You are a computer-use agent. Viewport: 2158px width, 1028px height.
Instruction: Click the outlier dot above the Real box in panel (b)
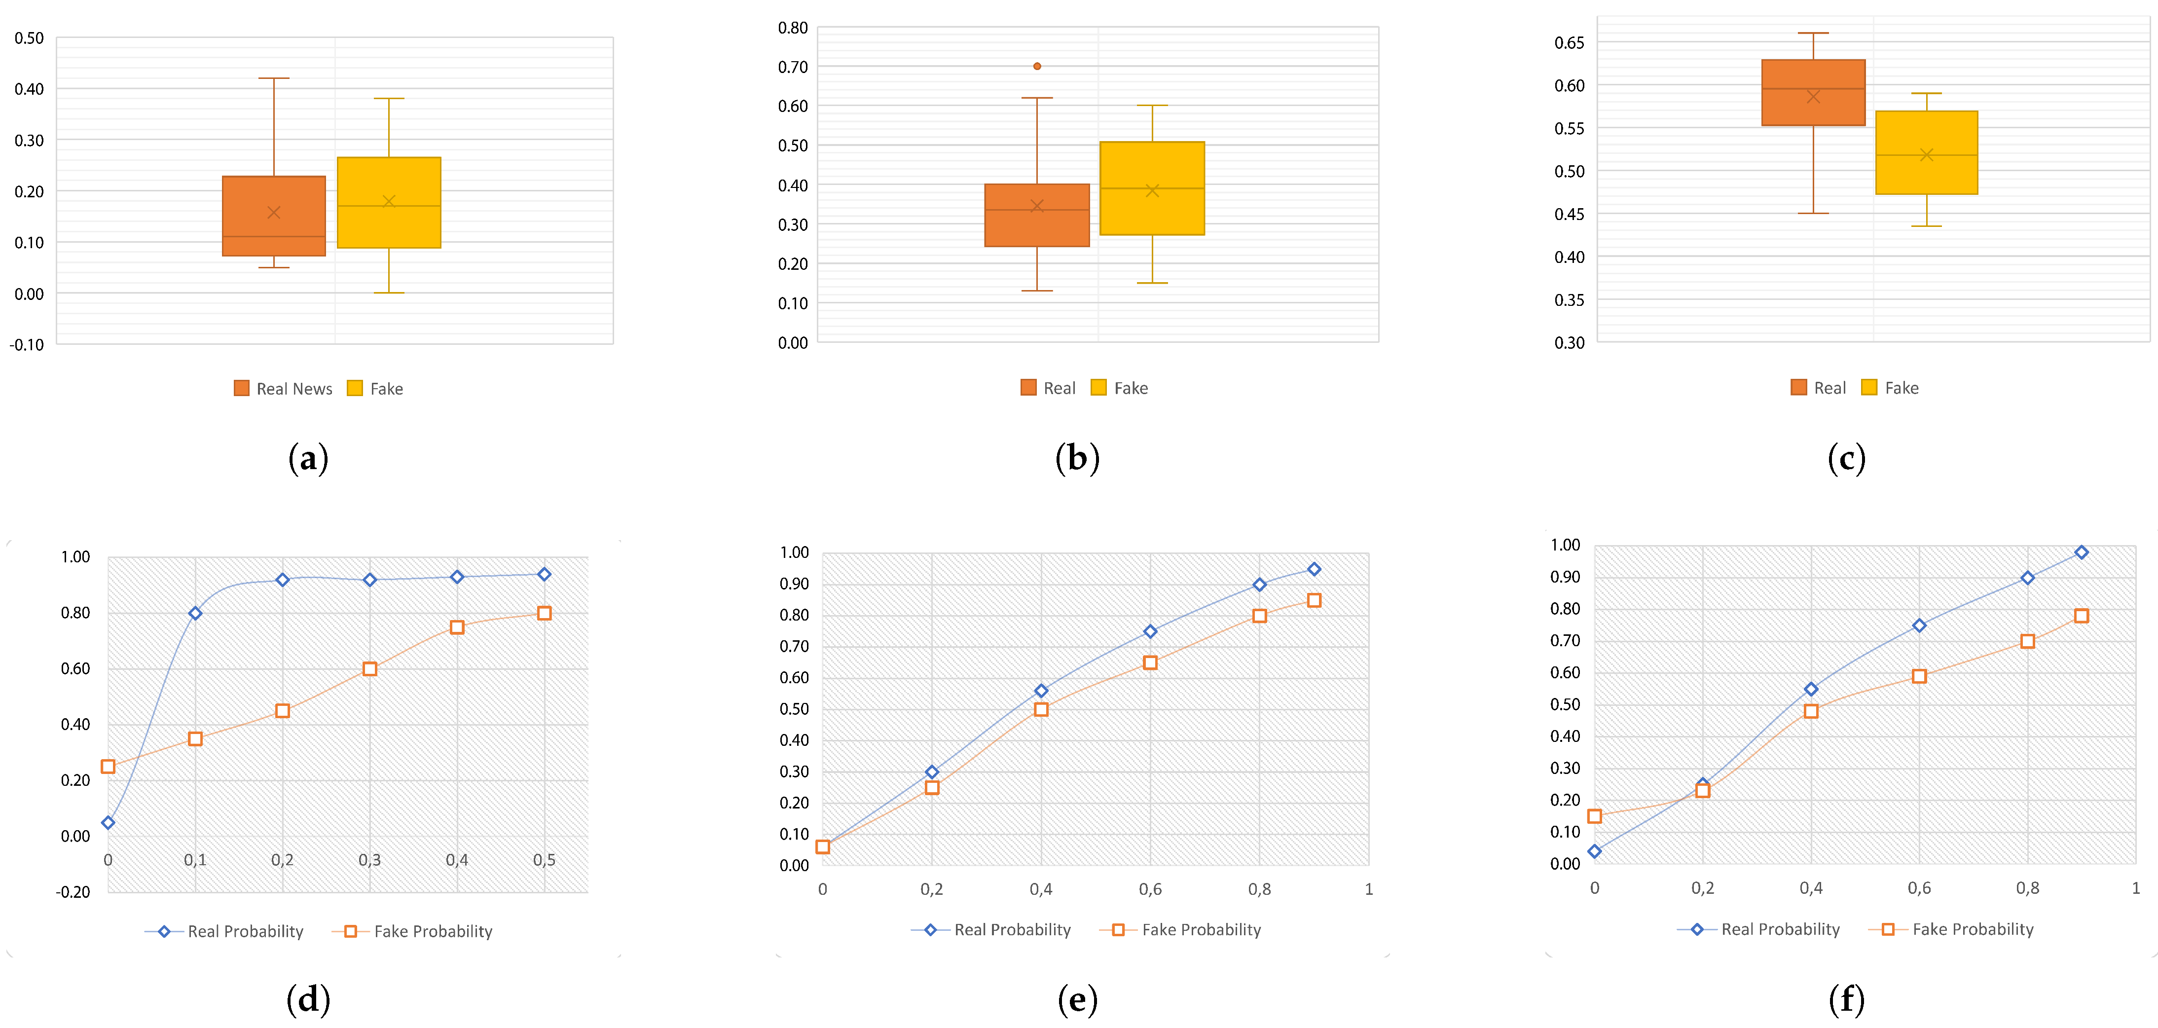click(x=1037, y=66)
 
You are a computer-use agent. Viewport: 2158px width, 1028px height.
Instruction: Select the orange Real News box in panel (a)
click(x=274, y=216)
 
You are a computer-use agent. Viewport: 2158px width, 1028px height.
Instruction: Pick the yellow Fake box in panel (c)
click(x=1926, y=152)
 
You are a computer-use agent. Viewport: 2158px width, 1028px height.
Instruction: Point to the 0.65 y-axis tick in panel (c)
click(x=1569, y=43)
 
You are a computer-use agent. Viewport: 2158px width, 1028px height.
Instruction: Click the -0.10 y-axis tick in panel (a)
click(x=27, y=344)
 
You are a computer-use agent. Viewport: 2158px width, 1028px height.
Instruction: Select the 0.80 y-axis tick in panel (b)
click(x=793, y=28)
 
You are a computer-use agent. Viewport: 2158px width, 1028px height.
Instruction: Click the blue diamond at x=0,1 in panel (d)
click(x=195, y=613)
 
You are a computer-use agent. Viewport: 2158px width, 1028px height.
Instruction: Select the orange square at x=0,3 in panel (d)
click(x=369, y=668)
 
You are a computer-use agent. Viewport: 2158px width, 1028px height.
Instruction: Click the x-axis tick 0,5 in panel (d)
click(x=544, y=860)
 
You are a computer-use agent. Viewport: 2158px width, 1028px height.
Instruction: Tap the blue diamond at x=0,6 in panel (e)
click(x=1150, y=632)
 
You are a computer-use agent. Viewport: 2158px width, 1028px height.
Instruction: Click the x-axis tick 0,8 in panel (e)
click(x=1259, y=889)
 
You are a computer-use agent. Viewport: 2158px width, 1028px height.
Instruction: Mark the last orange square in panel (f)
click(x=2081, y=616)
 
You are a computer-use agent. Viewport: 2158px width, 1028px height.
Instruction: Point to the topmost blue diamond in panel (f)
click(x=2081, y=552)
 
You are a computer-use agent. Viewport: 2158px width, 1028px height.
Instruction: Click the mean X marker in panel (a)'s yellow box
click(x=389, y=201)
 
